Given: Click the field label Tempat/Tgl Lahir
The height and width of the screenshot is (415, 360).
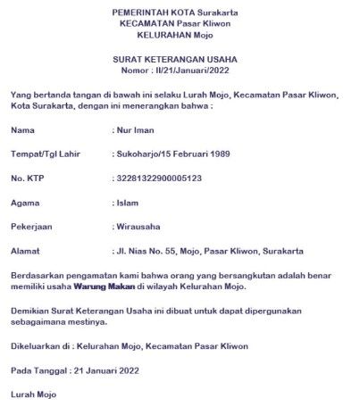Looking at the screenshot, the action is (46, 154).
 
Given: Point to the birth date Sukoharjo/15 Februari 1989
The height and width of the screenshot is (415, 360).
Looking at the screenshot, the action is (173, 154).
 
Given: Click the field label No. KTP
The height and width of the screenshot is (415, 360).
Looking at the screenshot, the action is (29, 178).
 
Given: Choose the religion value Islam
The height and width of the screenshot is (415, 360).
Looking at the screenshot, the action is (128, 203).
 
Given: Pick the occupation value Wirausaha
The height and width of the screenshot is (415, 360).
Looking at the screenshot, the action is (138, 227).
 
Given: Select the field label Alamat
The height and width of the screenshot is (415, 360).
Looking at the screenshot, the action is (26, 251).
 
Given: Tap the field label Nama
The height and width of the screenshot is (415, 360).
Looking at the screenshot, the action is (24, 130).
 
